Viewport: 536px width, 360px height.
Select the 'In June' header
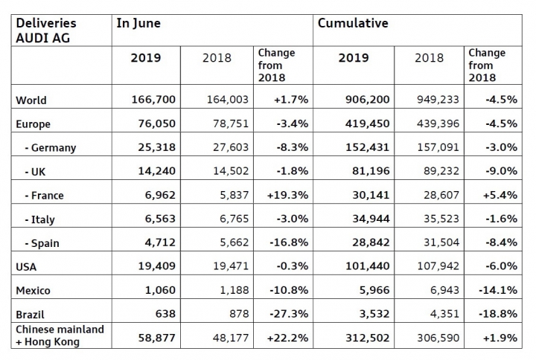[138, 23]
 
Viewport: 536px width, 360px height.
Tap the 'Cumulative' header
[353, 23]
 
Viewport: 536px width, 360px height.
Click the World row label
[31, 100]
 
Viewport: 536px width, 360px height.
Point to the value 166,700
[153, 100]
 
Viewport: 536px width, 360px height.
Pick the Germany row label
[51, 148]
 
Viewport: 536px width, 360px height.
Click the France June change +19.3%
[287, 195]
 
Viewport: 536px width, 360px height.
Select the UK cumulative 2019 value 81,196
[371, 171]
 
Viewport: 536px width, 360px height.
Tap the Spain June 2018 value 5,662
[234, 242]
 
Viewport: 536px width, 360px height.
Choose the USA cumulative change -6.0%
[501, 266]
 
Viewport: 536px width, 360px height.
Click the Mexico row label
[33, 291]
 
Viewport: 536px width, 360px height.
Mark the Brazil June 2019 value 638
[165, 314]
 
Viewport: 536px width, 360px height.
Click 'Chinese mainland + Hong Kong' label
[60, 335]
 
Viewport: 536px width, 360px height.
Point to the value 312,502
[368, 338]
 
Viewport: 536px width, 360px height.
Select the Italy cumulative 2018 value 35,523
[441, 219]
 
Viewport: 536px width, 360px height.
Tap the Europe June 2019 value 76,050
[156, 123]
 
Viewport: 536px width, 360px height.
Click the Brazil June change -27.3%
[289, 314]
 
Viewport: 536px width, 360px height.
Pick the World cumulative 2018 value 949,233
[438, 100]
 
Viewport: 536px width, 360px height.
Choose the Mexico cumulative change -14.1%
[498, 290]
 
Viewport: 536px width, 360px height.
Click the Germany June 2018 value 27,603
[231, 147]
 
